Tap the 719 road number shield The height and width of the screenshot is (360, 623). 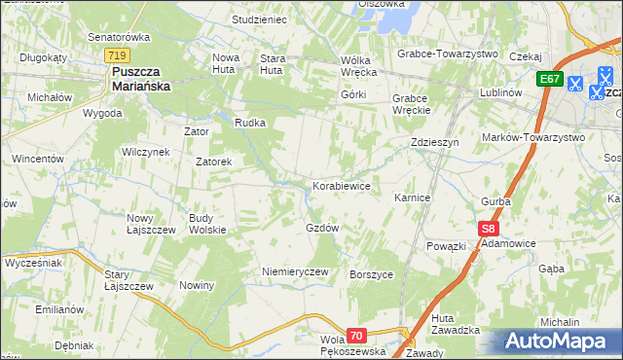coord(119,56)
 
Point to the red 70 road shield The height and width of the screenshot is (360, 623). coord(356,336)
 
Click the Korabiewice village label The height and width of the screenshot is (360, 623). coord(341,185)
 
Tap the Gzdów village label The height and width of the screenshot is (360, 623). coord(322,228)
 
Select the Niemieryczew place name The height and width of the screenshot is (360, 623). coord(295,271)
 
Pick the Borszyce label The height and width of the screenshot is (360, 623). coord(371,274)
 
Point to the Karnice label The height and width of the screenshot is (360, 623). coord(412,198)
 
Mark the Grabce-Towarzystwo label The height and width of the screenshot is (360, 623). coord(447,54)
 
